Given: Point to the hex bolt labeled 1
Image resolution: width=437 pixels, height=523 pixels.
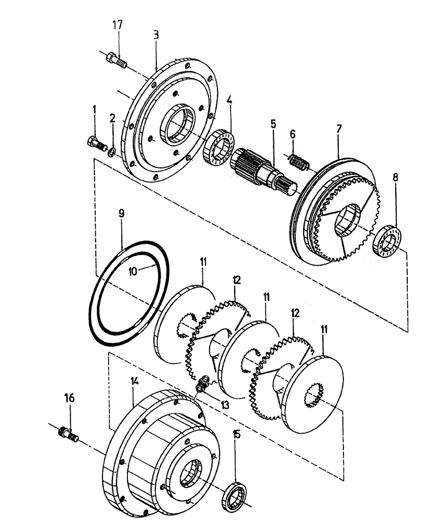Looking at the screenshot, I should point(94,142).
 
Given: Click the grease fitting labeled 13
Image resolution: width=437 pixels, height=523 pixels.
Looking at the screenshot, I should point(201,387).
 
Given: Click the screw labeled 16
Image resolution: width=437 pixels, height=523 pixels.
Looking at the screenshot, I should point(68,434).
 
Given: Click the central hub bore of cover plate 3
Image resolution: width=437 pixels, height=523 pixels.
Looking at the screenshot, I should point(175,127).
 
